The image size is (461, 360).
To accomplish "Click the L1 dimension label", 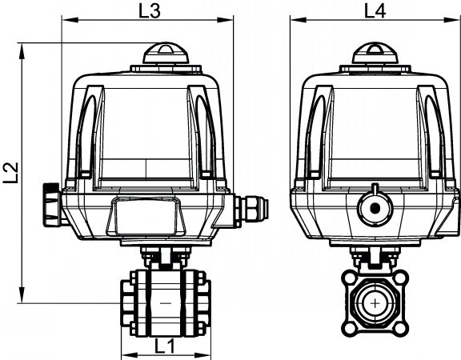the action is [165, 346].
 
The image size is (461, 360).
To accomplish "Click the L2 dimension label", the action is [11, 173].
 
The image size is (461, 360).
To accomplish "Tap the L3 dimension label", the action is [150, 11].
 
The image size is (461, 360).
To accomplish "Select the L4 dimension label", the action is [375, 11].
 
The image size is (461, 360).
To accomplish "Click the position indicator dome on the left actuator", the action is [166, 54].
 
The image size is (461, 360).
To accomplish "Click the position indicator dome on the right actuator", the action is [375, 54].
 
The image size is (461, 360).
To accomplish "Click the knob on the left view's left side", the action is [53, 205].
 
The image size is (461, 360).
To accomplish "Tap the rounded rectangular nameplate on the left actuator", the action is [146, 216].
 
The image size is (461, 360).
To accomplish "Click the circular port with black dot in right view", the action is [375, 208].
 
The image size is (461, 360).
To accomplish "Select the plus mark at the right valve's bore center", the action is [375, 303].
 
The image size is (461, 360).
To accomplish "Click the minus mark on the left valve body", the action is [166, 302].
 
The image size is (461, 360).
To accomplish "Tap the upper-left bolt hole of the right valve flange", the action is [349, 278].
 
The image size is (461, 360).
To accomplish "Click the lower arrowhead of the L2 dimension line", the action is [22, 294].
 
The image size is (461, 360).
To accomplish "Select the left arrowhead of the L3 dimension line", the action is [70, 20].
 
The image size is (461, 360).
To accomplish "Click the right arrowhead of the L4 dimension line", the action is [451, 20].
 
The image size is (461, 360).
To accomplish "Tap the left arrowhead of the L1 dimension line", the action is [129, 354].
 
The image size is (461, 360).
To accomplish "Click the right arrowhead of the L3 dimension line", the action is [225, 20].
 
